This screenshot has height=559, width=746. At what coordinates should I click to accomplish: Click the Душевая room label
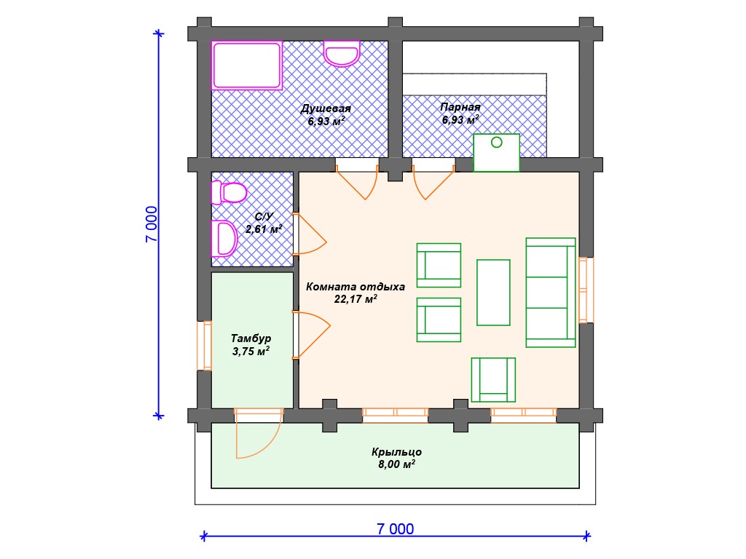pyautogui.click(x=326, y=109)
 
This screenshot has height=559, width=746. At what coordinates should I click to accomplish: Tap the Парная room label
pyautogui.click(x=460, y=107)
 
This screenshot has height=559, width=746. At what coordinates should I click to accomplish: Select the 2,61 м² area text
pyautogui.click(x=264, y=229)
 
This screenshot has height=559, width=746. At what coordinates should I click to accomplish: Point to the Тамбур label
pyautogui.click(x=251, y=338)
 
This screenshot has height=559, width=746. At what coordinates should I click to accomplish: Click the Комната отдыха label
pyautogui.click(x=356, y=287)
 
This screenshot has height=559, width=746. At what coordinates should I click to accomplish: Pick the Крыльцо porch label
pyautogui.click(x=397, y=451)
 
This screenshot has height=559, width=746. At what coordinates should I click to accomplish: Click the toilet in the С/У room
pyautogui.click(x=229, y=192)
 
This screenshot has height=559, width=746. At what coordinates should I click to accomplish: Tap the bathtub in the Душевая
pyautogui.click(x=246, y=65)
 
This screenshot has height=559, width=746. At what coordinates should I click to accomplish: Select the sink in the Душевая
pyautogui.click(x=342, y=53)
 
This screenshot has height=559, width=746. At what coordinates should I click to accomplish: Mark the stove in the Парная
pyautogui.click(x=496, y=153)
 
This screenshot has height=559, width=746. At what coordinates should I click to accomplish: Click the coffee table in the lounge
pyautogui.click(x=493, y=293)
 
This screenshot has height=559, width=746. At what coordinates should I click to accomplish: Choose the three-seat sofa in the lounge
pyautogui.click(x=551, y=293)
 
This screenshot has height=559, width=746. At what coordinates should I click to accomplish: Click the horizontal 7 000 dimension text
pyautogui.click(x=396, y=528)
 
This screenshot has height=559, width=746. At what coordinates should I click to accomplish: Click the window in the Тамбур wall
pyautogui.click(x=205, y=346)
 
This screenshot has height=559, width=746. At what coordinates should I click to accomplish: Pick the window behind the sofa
pyautogui.click(x=586, y=290)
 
